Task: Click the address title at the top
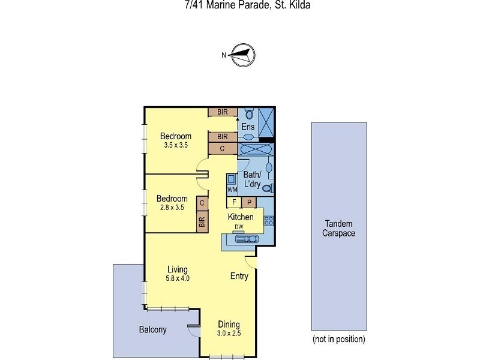(239, 5)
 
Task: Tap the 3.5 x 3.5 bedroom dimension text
(175, 145)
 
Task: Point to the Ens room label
(248, 127)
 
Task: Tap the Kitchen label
(240, 217)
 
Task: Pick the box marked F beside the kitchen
(235, 202)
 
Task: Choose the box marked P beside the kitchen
(249, 202)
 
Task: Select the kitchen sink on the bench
(247, 239)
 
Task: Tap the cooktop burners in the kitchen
(268, 220)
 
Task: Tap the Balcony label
(152, 329)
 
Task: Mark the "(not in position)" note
(338, 340)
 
